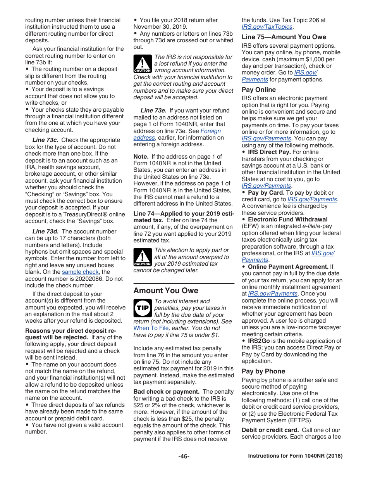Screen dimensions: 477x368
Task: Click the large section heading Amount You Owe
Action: point(166,290)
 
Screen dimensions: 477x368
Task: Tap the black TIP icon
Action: point(142,308)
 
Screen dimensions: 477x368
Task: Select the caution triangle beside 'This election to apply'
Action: point(142,257)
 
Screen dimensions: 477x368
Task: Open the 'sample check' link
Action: point(80,272)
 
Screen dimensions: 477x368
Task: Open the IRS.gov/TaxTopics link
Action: point(267,27)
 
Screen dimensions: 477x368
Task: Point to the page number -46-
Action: point(184,456)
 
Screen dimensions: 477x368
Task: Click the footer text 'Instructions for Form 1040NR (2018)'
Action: point(295,456)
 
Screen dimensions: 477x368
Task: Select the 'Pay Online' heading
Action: point(259,90)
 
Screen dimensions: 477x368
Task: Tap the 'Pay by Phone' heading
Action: point(263,371)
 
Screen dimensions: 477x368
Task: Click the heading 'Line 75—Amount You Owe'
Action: point(284,37)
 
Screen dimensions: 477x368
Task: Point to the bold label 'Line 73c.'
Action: point(45,140)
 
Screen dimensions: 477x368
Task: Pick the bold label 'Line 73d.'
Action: point(45,232)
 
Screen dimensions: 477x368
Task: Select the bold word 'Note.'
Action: point(141,157)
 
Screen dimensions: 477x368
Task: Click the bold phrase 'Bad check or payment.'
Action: point(167,392)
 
